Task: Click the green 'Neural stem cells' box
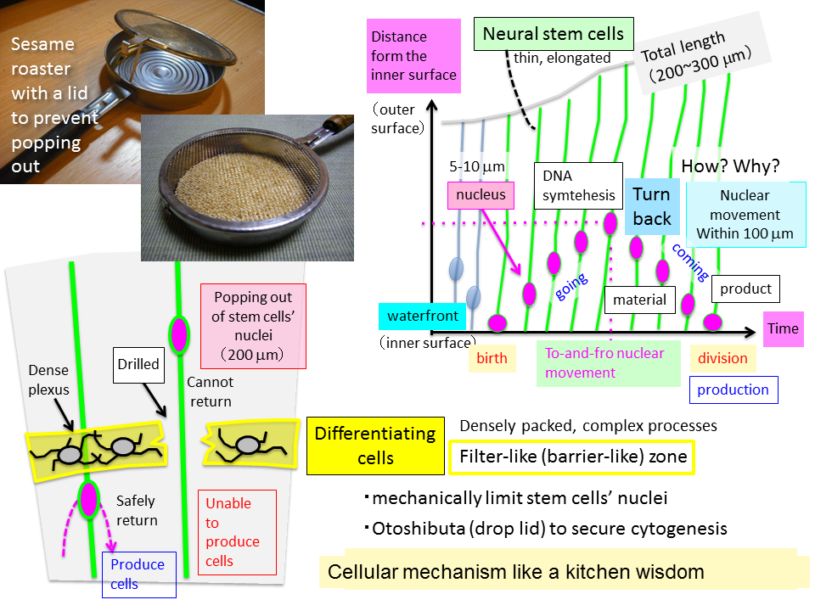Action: (553, 35)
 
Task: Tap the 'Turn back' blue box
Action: (652, 206)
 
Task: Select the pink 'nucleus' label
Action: (480, 195)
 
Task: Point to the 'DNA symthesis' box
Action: (578, 185)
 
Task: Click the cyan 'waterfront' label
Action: (423, 317)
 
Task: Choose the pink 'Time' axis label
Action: (782, 328)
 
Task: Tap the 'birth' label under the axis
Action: (491, 358)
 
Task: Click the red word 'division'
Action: (722, 358)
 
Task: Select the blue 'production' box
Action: (733, 390)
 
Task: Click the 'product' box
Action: (745, 289)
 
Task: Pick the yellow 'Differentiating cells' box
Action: (375, 446)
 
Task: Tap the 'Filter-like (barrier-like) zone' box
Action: (572, 457)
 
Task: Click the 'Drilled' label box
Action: (138, 364)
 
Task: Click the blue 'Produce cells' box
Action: (138, 574)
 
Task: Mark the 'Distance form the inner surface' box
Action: (413, 56)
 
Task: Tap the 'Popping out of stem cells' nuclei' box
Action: (252, 326)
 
